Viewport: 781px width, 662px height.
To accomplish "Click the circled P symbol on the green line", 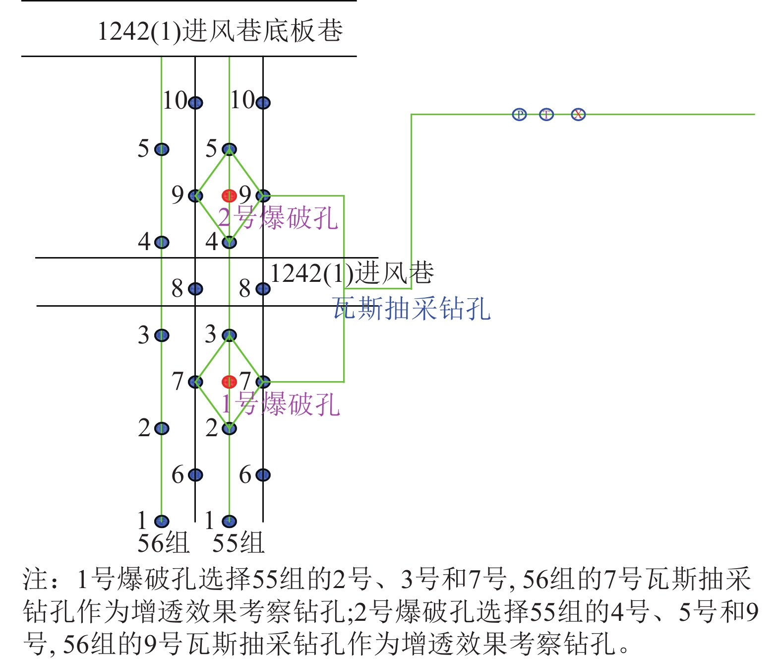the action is pyautogui.click(x=519, y=114).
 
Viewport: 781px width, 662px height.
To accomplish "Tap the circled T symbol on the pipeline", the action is pyautogui.click(x=546, y=114).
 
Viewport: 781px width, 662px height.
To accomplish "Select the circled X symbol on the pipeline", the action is pyautogui.click(x=578, y=114).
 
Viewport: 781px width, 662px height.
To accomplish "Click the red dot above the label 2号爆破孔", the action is pyautogui.click(x=229, y=196).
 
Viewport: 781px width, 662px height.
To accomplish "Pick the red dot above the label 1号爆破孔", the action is pyautogui.click(x=229, y=382).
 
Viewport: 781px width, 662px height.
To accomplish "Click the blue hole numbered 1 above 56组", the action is pyautogui.click(x=162, y=522).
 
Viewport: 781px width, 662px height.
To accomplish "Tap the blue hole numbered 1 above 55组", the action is pyautogui.click(x=229, y=522).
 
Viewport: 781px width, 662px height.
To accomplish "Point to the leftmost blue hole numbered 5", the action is pyautogui.click(x=162, y=149).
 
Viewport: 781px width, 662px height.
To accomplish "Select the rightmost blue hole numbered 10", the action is pyautogui.click(x=263, y=102).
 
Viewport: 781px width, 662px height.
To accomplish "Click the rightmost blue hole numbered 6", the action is pyautogui.click(x=263, y=475).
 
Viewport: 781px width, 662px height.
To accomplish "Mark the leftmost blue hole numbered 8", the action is pyautogui.click(x=195, y=289).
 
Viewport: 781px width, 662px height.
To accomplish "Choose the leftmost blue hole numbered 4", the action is pyautogui.click(x=162, y=242).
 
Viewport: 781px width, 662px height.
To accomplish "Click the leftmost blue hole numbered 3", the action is pyautogui.click(x=162, y=335).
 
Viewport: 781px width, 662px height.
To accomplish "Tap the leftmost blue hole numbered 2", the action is pyautogui.click(x=162, y=428).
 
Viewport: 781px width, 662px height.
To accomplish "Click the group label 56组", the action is pyautogui.click(x=163, y=543).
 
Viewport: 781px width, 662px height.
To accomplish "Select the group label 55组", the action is pyautogui.click(x=238, y=543).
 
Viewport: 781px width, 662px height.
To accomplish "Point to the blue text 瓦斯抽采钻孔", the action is pyautogui.click(x=412, y=309).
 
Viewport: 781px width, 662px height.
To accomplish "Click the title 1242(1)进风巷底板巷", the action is pyautogui.click(x=220, y=31).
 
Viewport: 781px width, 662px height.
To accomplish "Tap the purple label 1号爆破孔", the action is pyautogui.click(x=280, y=404).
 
